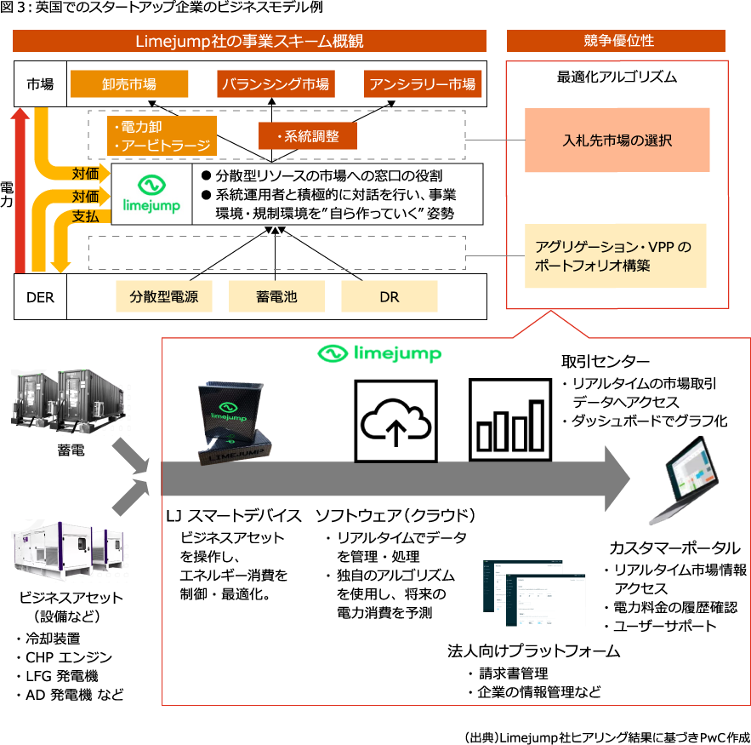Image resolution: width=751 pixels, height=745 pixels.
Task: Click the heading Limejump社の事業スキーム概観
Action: (x=249, y=41)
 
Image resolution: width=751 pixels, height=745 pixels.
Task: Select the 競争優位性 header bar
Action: (x=616, y=41)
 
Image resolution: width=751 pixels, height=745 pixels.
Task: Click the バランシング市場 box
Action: (x=275, y=84)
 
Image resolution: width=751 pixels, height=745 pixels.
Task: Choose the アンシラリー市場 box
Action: (x=422, y=84)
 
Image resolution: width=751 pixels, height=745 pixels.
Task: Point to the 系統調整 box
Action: (x=308, y=136)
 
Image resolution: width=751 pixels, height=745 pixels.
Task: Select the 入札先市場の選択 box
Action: (x=617, y=140)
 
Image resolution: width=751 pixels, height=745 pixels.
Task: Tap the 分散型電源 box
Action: (x=163, y=297)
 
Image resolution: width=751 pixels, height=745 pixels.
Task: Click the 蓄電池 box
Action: (x=276, y=297)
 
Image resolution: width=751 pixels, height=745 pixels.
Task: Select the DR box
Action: (x=389, y=297)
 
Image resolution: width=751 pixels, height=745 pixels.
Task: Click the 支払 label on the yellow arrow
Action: (x=85, y=216)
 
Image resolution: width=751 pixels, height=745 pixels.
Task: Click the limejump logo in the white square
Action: (x=152, y=194)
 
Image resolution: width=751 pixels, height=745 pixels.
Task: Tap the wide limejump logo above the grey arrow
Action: (x=377, y=353)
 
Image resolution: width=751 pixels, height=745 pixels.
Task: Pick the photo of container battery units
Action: (x=71, y=402)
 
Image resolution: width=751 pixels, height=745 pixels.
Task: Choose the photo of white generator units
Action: (x=71, y=550)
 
